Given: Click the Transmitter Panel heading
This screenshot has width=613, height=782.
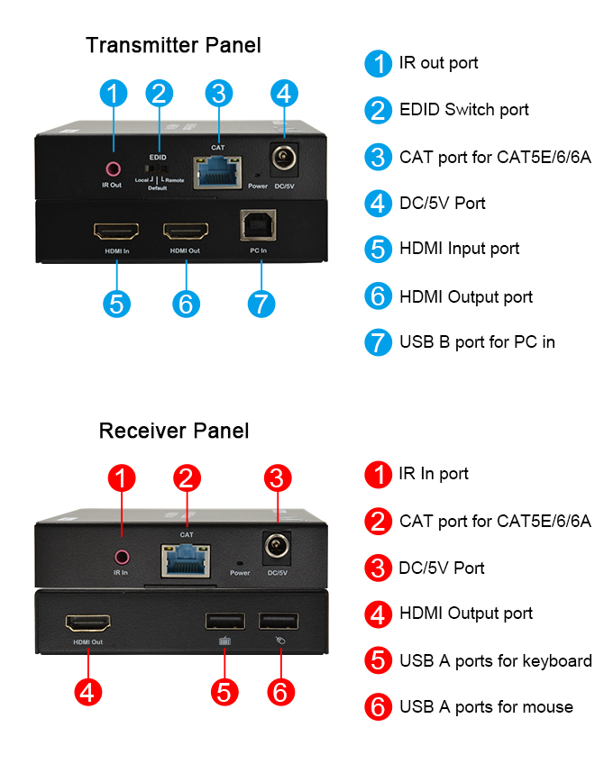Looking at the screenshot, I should coord(173,45).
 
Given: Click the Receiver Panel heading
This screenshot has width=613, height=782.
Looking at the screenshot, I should coord(174,431).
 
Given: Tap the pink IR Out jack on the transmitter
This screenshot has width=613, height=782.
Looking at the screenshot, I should coord(113,168).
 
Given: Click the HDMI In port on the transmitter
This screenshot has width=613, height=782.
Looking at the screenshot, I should coord(116,229).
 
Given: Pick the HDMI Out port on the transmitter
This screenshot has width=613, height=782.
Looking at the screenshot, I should coord(186,229).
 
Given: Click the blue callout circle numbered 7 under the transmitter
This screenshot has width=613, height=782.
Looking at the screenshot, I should coord(260,304).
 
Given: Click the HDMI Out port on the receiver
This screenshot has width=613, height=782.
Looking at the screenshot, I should coord(87,623).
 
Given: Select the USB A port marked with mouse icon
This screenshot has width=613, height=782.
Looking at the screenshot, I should coord(277,621).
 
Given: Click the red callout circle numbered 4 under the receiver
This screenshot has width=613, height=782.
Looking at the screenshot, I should coord(88,692).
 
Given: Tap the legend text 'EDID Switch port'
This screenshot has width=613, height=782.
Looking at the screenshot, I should coord(464,110).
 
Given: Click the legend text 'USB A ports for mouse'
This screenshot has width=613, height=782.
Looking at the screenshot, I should coord(486,707).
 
